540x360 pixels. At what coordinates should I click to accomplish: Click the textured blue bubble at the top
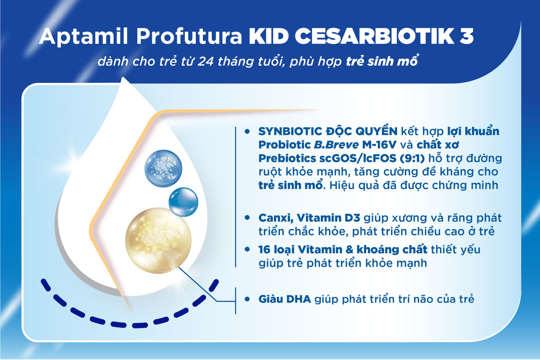(163, 169)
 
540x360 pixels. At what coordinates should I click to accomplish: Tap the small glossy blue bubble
(183, 201)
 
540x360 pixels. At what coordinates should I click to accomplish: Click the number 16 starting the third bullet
(265, 249)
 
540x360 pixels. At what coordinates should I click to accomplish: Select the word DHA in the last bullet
(300, 299)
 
